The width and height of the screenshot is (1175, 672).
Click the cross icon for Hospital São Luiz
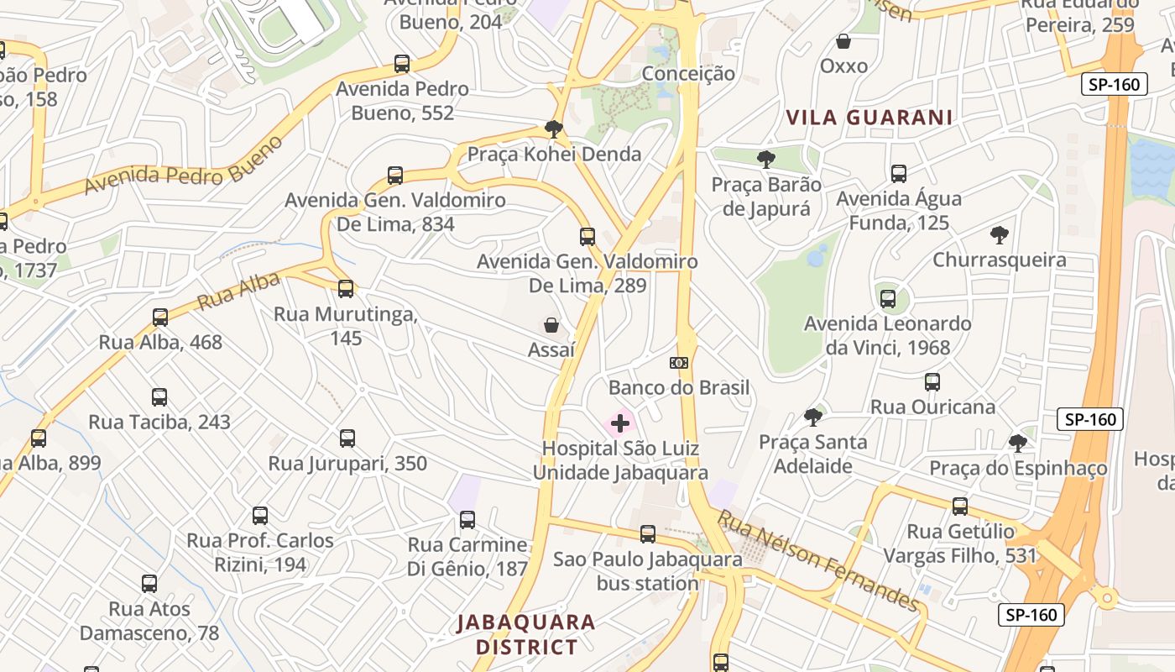620,423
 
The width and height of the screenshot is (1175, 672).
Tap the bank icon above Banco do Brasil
679,363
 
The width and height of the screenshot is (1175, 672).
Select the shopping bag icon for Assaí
551,325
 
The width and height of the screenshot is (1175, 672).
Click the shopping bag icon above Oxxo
843,41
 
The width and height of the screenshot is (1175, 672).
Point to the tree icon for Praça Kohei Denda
553,129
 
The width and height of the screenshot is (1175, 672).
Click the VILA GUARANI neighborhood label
869,118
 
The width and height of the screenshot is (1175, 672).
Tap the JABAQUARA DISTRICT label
526,634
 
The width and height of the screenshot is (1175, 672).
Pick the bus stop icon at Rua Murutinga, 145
346,289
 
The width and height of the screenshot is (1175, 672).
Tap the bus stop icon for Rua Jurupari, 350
347,438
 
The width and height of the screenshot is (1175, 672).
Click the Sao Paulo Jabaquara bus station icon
647,534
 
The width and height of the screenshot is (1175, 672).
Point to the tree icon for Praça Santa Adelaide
812,417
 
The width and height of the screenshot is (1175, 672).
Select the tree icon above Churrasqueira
999,235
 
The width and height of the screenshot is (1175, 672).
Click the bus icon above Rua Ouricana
932,382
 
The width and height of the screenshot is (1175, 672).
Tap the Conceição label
688,74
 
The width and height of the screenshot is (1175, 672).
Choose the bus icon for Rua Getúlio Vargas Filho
960,507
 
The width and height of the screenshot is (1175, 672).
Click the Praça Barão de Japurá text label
766,197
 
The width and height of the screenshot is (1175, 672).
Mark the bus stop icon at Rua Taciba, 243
159,397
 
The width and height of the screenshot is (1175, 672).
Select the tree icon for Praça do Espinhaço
1018,443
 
